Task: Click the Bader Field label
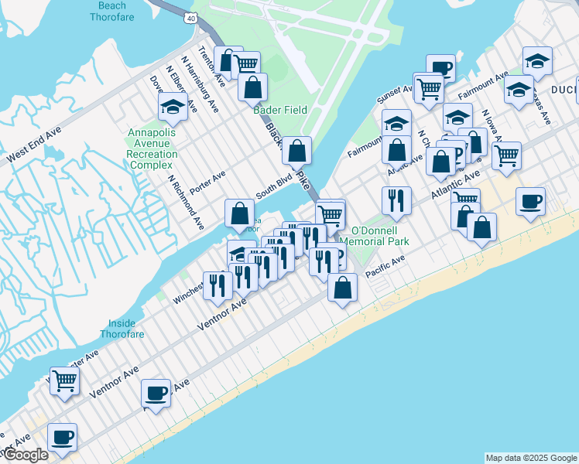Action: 280,110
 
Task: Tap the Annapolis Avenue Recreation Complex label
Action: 152,148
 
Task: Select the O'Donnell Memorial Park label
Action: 379,236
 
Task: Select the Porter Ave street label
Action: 207,179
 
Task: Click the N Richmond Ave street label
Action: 186,201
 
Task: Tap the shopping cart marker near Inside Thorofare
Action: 65,380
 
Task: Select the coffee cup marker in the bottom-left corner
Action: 62,437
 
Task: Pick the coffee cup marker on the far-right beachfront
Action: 530,201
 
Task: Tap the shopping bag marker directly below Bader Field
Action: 296,150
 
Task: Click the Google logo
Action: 25,455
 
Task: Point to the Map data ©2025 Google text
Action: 531,458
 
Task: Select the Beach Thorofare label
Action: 112,10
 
